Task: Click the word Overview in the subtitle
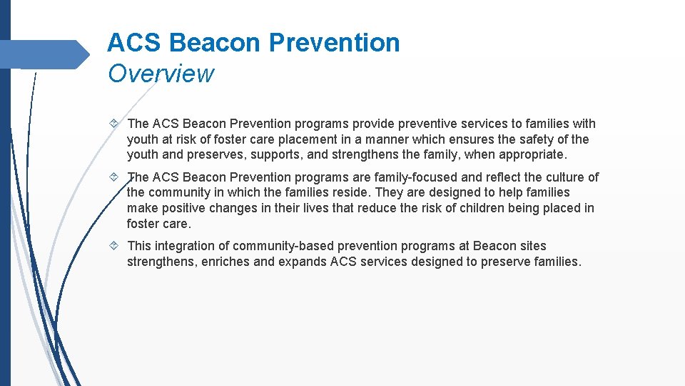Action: tap(161, 73)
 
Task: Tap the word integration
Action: tap(187, 245)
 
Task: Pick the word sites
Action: tap(531, 245)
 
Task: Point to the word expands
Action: tap(302, 261)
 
